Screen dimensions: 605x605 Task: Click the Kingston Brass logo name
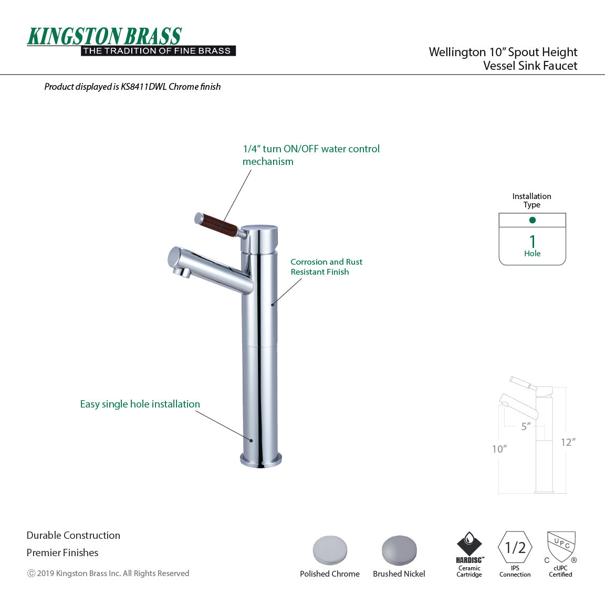tap(105, 36)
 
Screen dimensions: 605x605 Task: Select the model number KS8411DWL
tap(143, 87)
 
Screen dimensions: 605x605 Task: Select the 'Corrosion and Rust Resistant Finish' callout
tap(326, 267)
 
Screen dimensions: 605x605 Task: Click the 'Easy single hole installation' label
tap(140, 404)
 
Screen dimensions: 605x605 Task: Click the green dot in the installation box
tap(532, 220)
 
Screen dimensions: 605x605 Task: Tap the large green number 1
tap(533, 241)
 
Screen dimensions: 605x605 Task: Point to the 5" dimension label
tap(526, 426)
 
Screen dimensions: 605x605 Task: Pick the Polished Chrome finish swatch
tap(330, 550)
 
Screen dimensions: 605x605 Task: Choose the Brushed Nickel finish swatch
tap(399, 550)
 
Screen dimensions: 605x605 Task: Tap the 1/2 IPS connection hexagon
tap(515, 548)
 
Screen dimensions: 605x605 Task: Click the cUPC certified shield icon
tap(561, 546)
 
